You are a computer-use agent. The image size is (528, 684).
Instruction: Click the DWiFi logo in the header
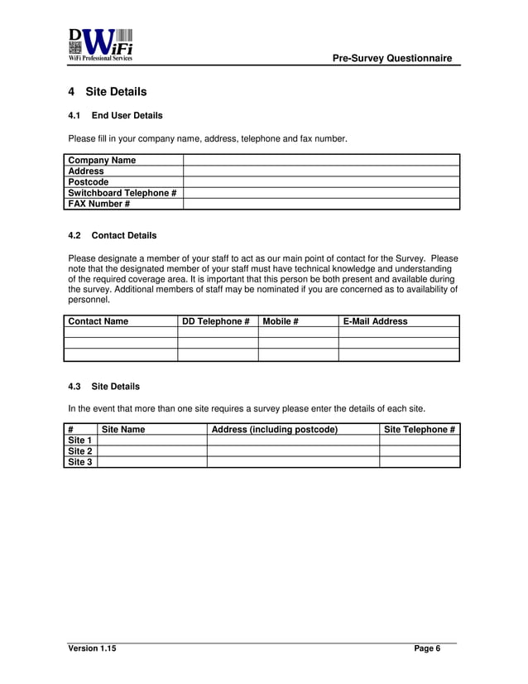[100, 46]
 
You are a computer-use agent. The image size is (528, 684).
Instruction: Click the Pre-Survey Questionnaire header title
[391, 58]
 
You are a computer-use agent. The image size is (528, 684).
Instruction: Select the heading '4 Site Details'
[108, 92]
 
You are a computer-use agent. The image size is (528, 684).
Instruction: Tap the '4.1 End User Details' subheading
[115, 115]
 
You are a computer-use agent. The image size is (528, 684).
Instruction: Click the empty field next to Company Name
[320, 160]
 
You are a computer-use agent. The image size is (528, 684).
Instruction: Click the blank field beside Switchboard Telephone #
[320, 193]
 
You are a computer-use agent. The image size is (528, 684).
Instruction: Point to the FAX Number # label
[99, 204]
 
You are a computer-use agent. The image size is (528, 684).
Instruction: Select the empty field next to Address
[320, 171]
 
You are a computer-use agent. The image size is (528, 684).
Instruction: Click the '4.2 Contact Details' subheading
[112, 235]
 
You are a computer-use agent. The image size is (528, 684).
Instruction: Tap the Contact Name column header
[98, 321]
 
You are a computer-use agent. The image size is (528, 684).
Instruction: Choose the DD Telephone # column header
[216, 321]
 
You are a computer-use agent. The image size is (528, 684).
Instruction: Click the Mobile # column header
[281, 321]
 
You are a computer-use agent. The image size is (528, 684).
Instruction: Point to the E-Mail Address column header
[375, 321]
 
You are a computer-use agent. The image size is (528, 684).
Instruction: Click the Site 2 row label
[80, 451]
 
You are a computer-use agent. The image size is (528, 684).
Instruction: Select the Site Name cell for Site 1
[151, 441]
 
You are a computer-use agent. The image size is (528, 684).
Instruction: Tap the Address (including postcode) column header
[275, 430]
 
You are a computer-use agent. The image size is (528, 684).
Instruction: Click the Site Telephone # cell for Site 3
[419, 462]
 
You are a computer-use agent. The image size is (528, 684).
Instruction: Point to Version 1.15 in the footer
[92, 648]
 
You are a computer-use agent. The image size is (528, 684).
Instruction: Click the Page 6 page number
[427, 648]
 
